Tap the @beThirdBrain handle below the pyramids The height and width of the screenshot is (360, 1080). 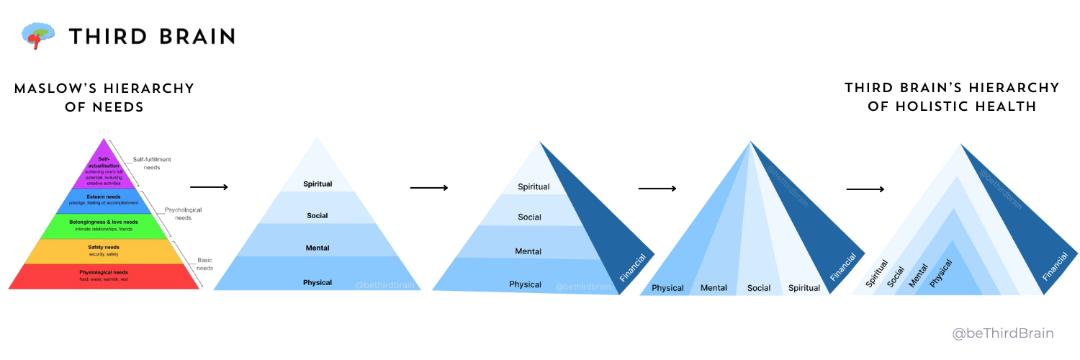(x=1002, y=333)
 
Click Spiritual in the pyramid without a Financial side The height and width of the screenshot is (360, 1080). (x=318, y=184)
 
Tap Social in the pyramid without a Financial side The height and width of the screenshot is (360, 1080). (x=318, y=216)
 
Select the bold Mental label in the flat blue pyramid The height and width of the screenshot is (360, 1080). (x=318, y=248)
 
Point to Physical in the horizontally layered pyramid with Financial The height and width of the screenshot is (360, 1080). (x=525, y=284)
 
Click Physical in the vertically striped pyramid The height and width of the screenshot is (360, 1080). (x=667, y=288)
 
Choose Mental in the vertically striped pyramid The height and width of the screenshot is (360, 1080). (x=714, y=288)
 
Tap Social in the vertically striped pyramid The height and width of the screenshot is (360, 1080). (x=759, y=288)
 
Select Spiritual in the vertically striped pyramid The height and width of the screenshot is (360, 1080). (x=804, y=288)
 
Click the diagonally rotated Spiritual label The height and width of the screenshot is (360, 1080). (x=876, y=274)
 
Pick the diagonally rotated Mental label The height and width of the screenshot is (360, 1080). (x=918, y=274)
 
